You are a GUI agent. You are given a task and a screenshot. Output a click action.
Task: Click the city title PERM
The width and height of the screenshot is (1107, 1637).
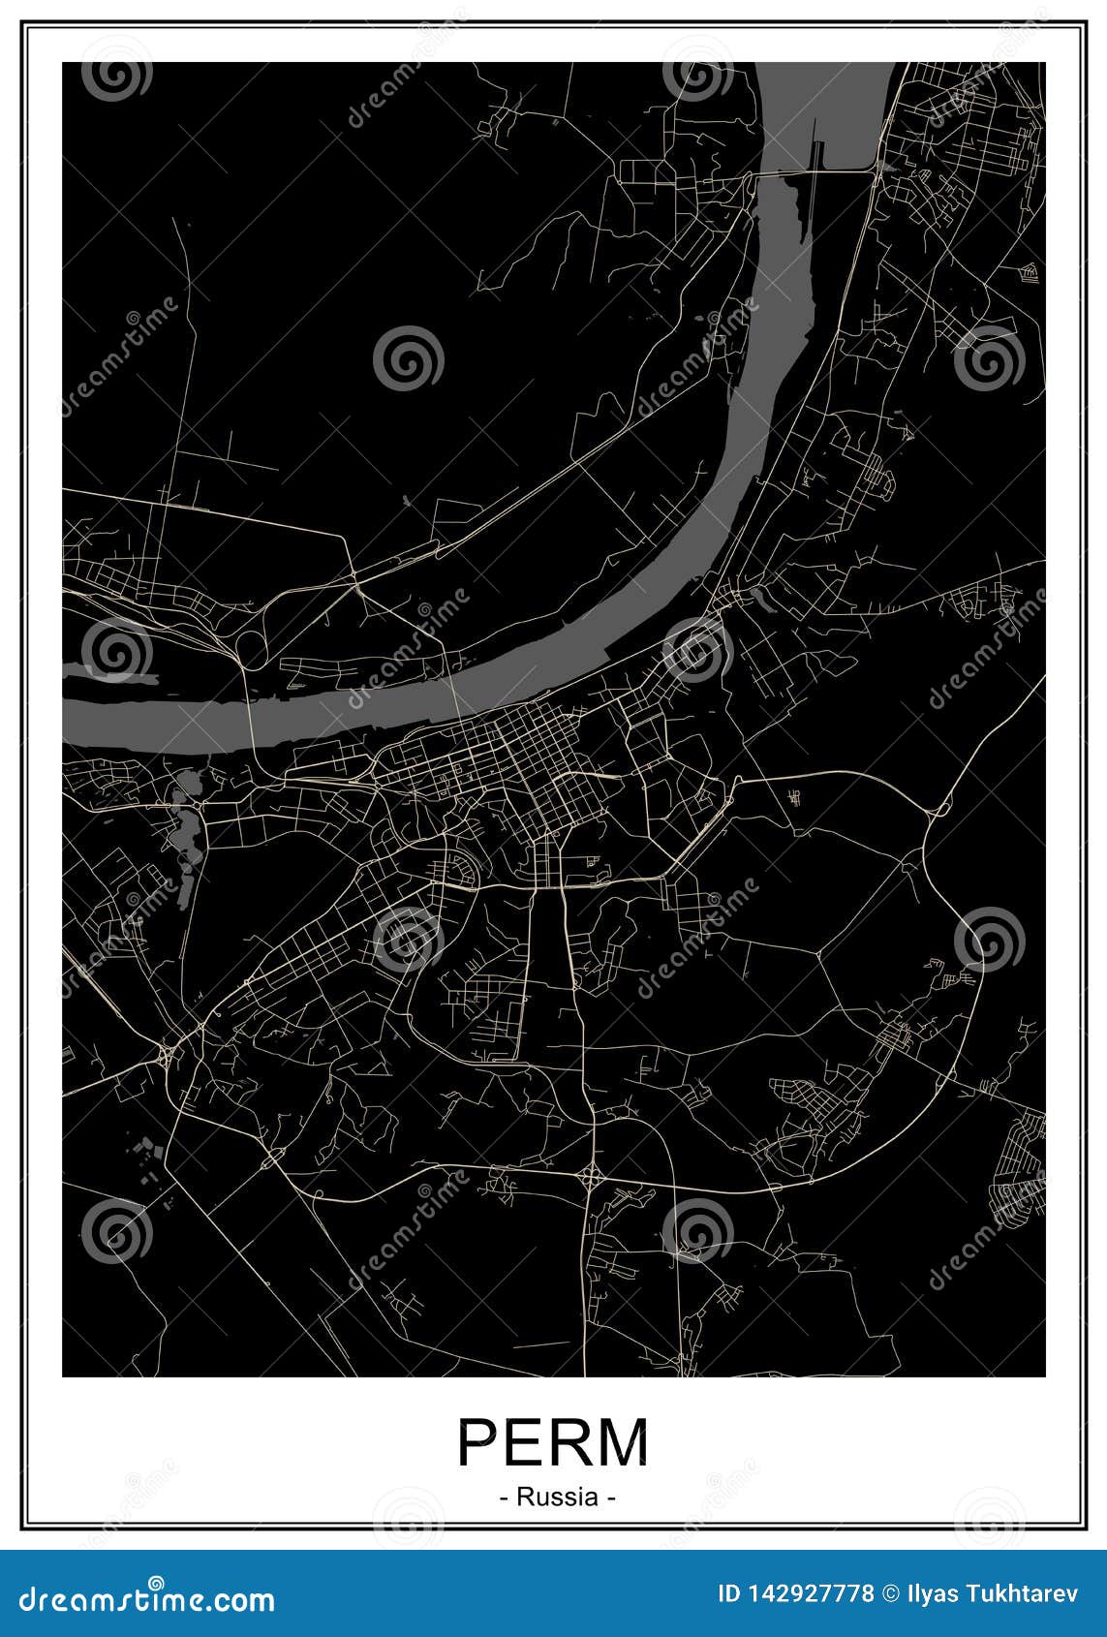coord(553,1443)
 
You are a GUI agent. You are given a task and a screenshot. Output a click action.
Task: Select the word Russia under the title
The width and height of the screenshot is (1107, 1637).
coord(557,1497)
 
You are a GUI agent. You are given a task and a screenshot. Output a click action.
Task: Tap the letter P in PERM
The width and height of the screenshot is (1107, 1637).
coord(477,1443)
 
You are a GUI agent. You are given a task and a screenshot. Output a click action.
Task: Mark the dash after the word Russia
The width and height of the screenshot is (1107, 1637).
coord(610,1498)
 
